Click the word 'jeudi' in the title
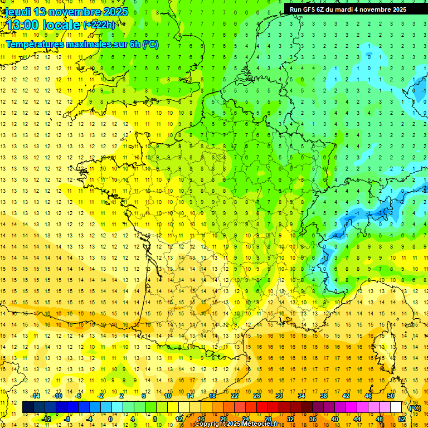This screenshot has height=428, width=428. click(16, 12)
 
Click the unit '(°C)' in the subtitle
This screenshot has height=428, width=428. click(150, 44)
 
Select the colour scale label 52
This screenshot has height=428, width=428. click(402, 419)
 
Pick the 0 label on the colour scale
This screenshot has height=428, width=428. click(110, 419)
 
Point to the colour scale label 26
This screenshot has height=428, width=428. click(257, 396)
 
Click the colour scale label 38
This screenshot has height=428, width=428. click(324, 396)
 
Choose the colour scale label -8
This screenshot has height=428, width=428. click(67, 419)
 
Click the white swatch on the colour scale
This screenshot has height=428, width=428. click(396, 407)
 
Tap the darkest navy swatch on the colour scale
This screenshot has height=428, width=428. click(28, 407)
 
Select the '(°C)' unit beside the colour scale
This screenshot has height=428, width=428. click(415, 407)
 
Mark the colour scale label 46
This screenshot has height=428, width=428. click(368, 396)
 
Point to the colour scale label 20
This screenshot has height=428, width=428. click(223, 419)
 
